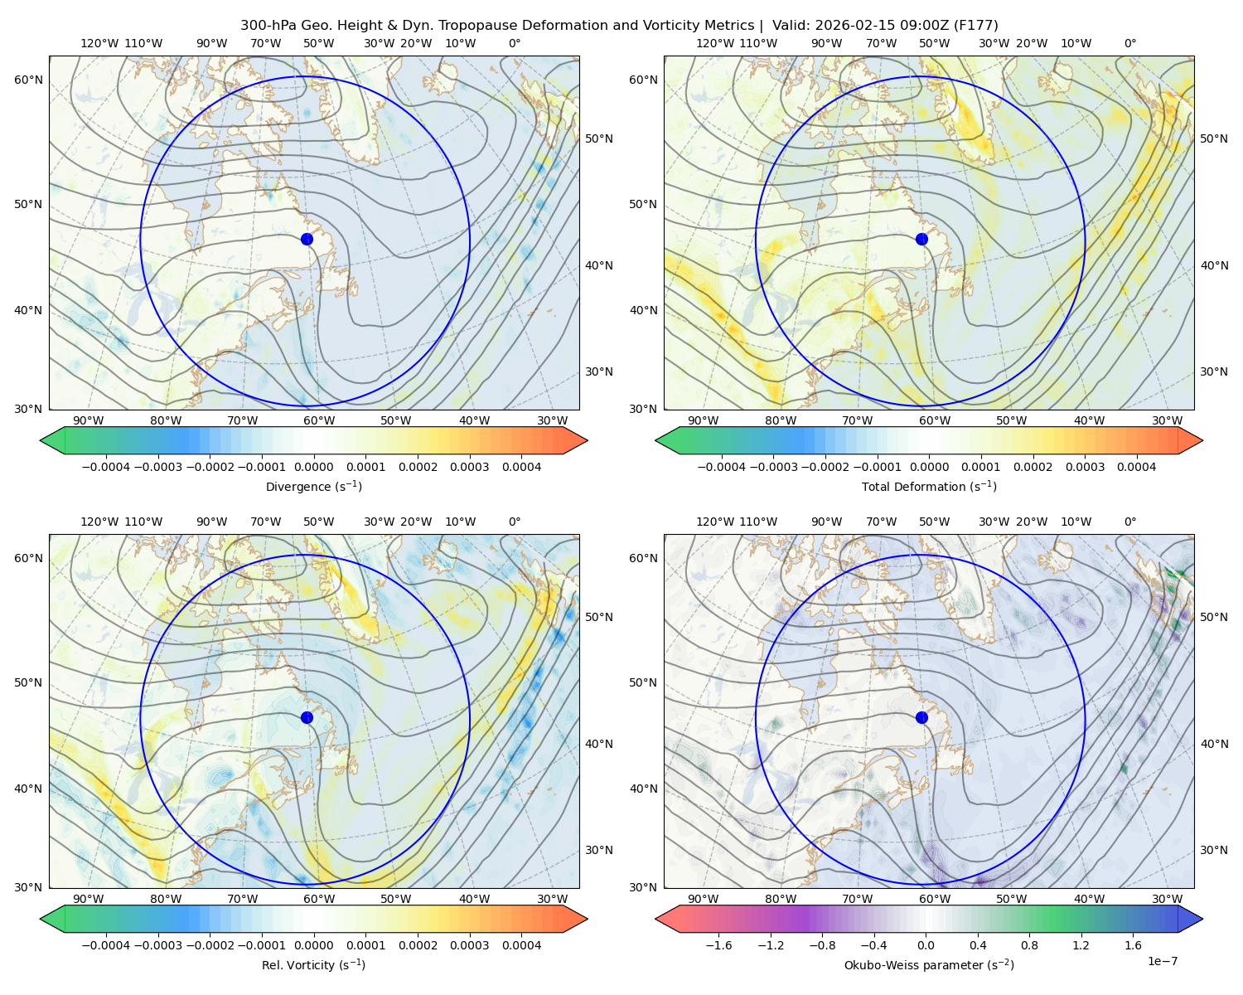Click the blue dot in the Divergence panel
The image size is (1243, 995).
click(x=307, y=240)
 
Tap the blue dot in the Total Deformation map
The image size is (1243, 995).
click(x=921, y=240)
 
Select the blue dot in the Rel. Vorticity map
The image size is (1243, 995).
click(x=307, y=717)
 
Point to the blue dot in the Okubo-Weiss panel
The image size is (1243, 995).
click(x=921, y=717)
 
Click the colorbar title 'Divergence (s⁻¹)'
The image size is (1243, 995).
click(x=313, y=486)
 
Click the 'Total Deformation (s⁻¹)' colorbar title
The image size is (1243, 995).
click(x=929, y=486)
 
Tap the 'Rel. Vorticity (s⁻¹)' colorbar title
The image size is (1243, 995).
click(x=313, y=965)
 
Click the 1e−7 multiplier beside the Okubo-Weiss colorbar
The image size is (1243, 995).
click(x=1162, y=961)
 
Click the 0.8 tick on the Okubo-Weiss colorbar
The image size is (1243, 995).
click(x=1029, y=945)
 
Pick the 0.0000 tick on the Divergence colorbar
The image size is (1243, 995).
click(x=313, y=467)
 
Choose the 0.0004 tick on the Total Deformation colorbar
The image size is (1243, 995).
click(x=1136, y=467)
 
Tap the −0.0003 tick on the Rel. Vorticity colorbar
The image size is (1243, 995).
click(x=157, y=945)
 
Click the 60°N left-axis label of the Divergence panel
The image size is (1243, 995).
click(x=28, y=80)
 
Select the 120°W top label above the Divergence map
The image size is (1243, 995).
click(x=99, y=43)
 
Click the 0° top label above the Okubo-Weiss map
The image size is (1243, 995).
click(x=1129, y=522)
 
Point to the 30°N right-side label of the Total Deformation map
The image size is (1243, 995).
click(x=1214, y=371)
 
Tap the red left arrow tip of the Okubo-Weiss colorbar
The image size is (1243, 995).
click(x=657, y=920)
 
